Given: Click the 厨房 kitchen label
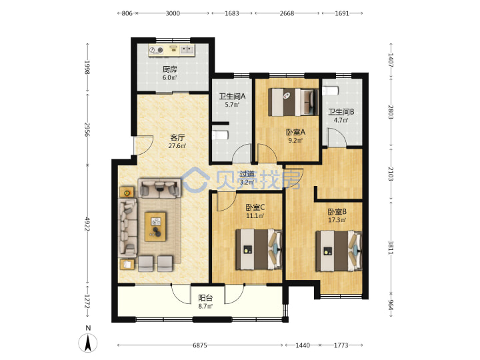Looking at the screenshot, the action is (169, 69).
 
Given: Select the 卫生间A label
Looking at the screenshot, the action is (232, 97).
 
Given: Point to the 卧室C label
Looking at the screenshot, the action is (255, 207).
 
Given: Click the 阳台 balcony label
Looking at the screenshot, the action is (205, 298).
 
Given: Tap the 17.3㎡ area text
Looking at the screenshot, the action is (337, 220).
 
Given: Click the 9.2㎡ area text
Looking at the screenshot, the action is (295, 141).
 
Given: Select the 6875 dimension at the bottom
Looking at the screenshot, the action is (200, 345).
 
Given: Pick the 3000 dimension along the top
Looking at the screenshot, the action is (173, 13).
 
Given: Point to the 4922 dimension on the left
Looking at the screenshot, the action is (87, 225).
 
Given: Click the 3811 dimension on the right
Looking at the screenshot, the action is (391, 247).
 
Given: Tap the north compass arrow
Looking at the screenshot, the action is (88, 343).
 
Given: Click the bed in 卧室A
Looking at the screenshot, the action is (293, 102).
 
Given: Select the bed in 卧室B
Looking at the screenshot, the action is (339, 251).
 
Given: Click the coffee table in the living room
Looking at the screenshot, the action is (155, 227).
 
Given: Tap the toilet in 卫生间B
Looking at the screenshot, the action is (330, 91).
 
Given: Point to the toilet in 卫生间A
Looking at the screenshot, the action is (220, 135).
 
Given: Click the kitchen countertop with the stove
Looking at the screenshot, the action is (171, 50).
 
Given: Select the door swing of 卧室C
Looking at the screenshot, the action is (226, 201).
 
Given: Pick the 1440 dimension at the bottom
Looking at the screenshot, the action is (303, 345).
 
